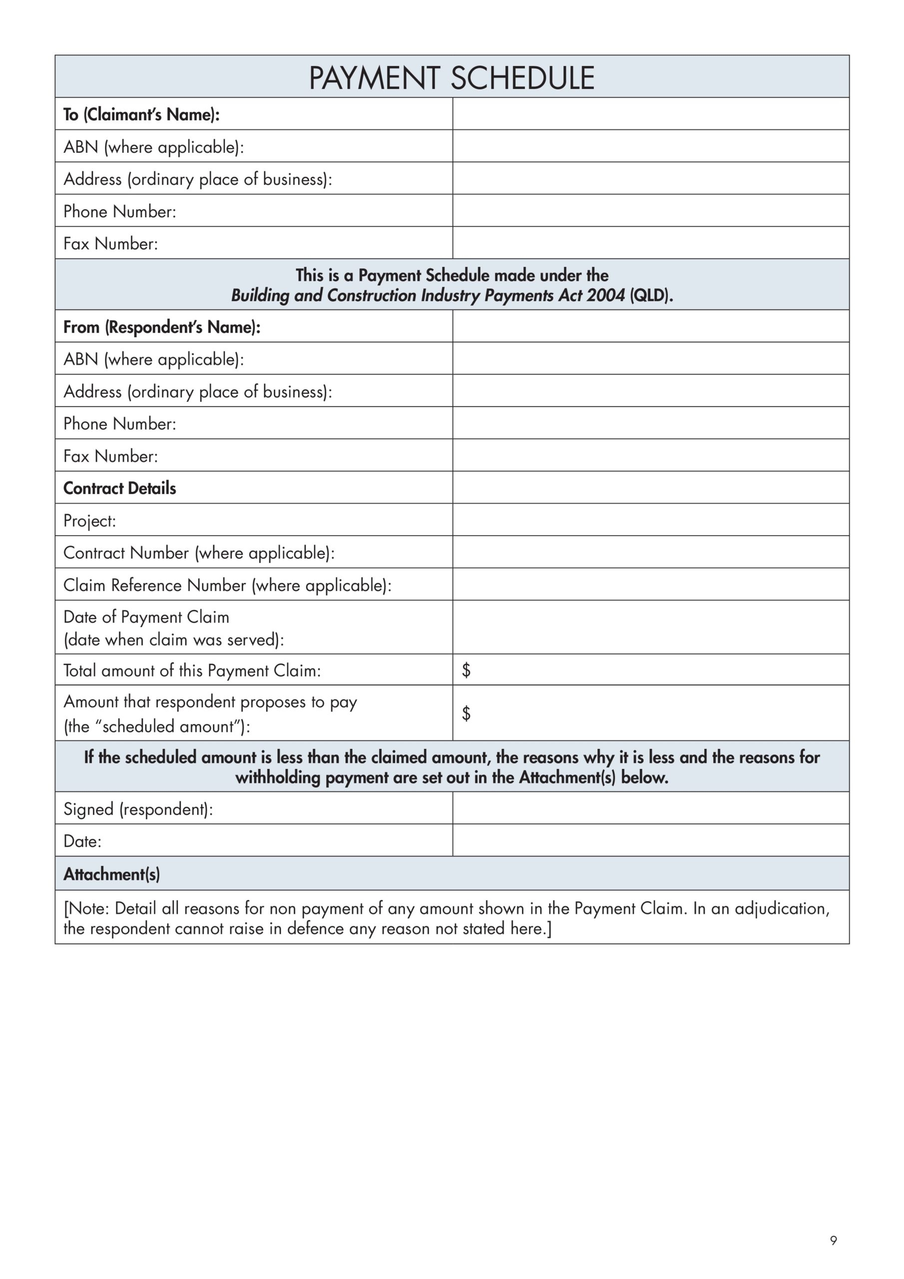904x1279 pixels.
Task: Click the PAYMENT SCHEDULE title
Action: (x=451, y=77)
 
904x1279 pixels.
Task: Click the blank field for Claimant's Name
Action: (x=651, y=114)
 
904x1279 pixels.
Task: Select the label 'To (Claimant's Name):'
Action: (x=141, y=115)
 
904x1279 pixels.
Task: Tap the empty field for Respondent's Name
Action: (x=651, y=326)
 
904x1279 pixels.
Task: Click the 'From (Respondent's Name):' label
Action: (x=161, y=327)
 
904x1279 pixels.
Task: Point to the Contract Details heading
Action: (x=120, y=488)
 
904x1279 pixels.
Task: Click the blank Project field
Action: (x=651, y=520)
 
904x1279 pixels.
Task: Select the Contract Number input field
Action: (x=651, y=552)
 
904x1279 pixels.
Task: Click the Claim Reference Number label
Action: (x=227, y=585)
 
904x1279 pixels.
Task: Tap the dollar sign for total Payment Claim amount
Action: (x=466, y=670)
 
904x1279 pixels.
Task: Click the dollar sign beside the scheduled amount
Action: (x=466, y=713)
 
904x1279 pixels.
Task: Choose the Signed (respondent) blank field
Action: (x=651, y=808)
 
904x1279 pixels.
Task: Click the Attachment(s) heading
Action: (x=111, y=874)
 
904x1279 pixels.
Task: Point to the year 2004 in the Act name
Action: (x=605, y=295)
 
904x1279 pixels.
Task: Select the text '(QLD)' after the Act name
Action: (x=651, y=295)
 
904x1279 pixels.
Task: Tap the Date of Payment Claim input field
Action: (x=651, y=627)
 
